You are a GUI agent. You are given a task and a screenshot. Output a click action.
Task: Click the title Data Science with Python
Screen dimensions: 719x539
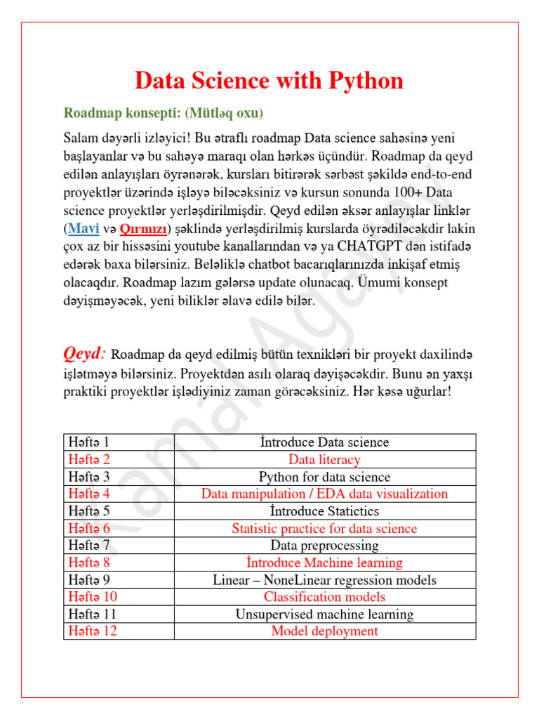pos(269,81)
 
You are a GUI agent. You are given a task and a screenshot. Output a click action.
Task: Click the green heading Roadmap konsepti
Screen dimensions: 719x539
pos(164,112)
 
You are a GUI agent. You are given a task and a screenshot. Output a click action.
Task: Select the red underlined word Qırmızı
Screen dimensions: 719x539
pos(143,230)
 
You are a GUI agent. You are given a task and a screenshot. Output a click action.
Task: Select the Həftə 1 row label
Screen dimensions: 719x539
pos(89,442)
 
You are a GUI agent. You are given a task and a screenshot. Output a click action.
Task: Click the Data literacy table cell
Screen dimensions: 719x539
pos(324,460)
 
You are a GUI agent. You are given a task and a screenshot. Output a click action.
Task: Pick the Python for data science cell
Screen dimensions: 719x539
pos(324,477)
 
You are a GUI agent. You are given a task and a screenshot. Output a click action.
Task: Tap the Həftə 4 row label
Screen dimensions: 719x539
pos(89,494)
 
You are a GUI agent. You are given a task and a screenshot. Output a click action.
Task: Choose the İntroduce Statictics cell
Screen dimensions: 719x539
pos(324,511)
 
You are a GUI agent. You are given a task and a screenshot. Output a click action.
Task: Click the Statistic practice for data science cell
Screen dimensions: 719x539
pos(324,529)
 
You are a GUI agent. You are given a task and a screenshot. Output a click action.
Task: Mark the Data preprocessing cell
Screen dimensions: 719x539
pos(324,546)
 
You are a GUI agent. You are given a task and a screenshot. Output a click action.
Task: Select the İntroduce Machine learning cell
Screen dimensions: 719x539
pos(324,562)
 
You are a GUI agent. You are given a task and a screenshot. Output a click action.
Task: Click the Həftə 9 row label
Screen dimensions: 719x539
pos(89,580)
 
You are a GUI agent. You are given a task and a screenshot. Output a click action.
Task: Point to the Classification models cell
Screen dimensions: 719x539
pos(324,597)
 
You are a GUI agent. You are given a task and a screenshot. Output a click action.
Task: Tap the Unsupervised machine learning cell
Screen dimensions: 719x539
pos(324,614)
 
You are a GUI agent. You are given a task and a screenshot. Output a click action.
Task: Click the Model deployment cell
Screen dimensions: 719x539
pos(324,631)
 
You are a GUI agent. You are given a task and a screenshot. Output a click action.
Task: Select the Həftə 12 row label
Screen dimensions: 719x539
pos(92,631)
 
